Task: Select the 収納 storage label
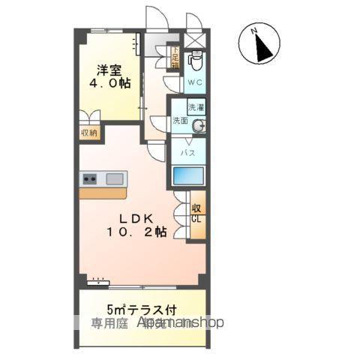pos(90,133)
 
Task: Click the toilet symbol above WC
pos(196,59)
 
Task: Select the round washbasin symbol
pos(199,126)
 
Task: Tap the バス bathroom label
pos(188,152)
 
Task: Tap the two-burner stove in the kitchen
pos(90,178)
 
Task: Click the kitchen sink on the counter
pos(115,178)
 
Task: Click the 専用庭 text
pos(110,323)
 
